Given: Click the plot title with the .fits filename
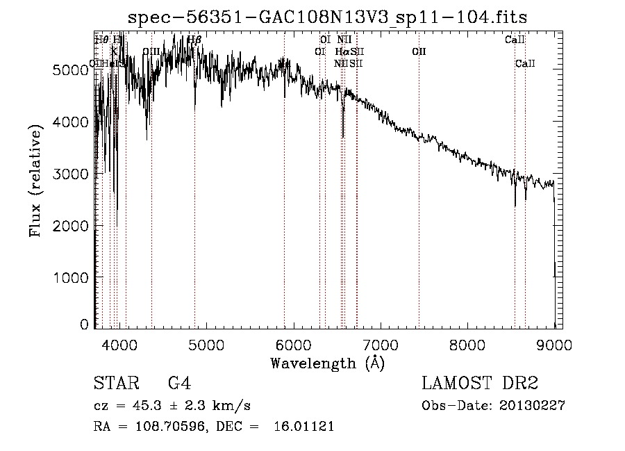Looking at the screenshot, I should tap(333, 17).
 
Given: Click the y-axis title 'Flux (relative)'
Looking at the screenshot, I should tap(35, 179).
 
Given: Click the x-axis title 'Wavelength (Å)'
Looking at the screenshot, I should tap(327, 363).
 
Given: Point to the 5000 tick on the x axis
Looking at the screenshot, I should tap(206, 343).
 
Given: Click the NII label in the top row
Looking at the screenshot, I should tap(344, 40).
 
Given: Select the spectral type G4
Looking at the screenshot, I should tap(179, 384).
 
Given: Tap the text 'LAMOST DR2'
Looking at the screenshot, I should tap(480, 384).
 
